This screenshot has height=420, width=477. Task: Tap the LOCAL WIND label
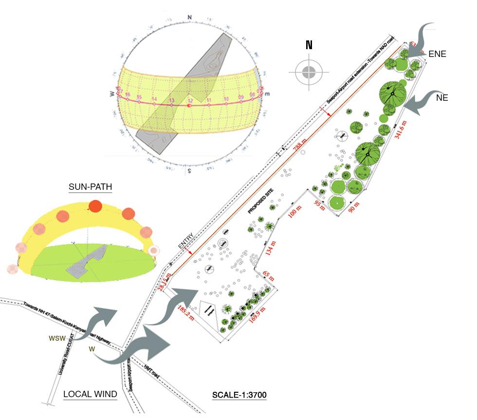(x=91, y=394)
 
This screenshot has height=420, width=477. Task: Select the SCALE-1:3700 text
(x=239, y=395)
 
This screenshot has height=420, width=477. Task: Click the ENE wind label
(x=437, y=55)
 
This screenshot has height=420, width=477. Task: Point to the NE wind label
(x=442, y=97)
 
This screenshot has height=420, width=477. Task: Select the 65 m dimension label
(x=269, y=275)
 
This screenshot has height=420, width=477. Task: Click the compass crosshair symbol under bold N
(x=309, y=73)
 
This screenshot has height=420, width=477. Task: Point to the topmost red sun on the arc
(x=95, y=206)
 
